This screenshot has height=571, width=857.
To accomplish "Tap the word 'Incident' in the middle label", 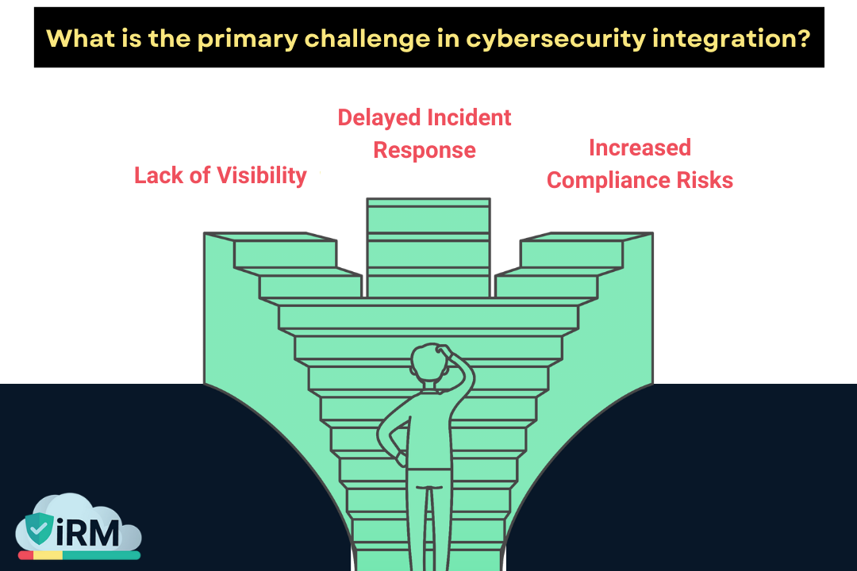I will [x=469, y=117].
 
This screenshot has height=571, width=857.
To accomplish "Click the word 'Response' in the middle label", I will [x=425, y=150].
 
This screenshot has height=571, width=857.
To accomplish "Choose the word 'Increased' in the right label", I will [x=640, y=148].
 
